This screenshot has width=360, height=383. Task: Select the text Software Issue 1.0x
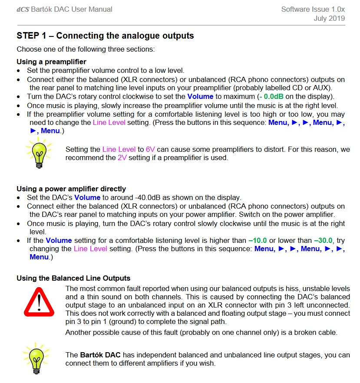click(313, 9)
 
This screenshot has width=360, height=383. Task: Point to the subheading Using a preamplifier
click(51, 62)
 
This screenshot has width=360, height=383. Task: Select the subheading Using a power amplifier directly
click(71, 189)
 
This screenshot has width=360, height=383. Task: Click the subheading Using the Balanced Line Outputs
click(73, 278)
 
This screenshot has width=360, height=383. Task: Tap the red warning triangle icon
click(39, 300)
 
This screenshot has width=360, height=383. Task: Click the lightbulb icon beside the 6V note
click(39, 153)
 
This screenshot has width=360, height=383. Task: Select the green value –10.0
click(258, 240)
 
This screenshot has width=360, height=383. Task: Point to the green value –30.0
click(322, 240)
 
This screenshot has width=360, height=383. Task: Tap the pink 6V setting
click(150, 149)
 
